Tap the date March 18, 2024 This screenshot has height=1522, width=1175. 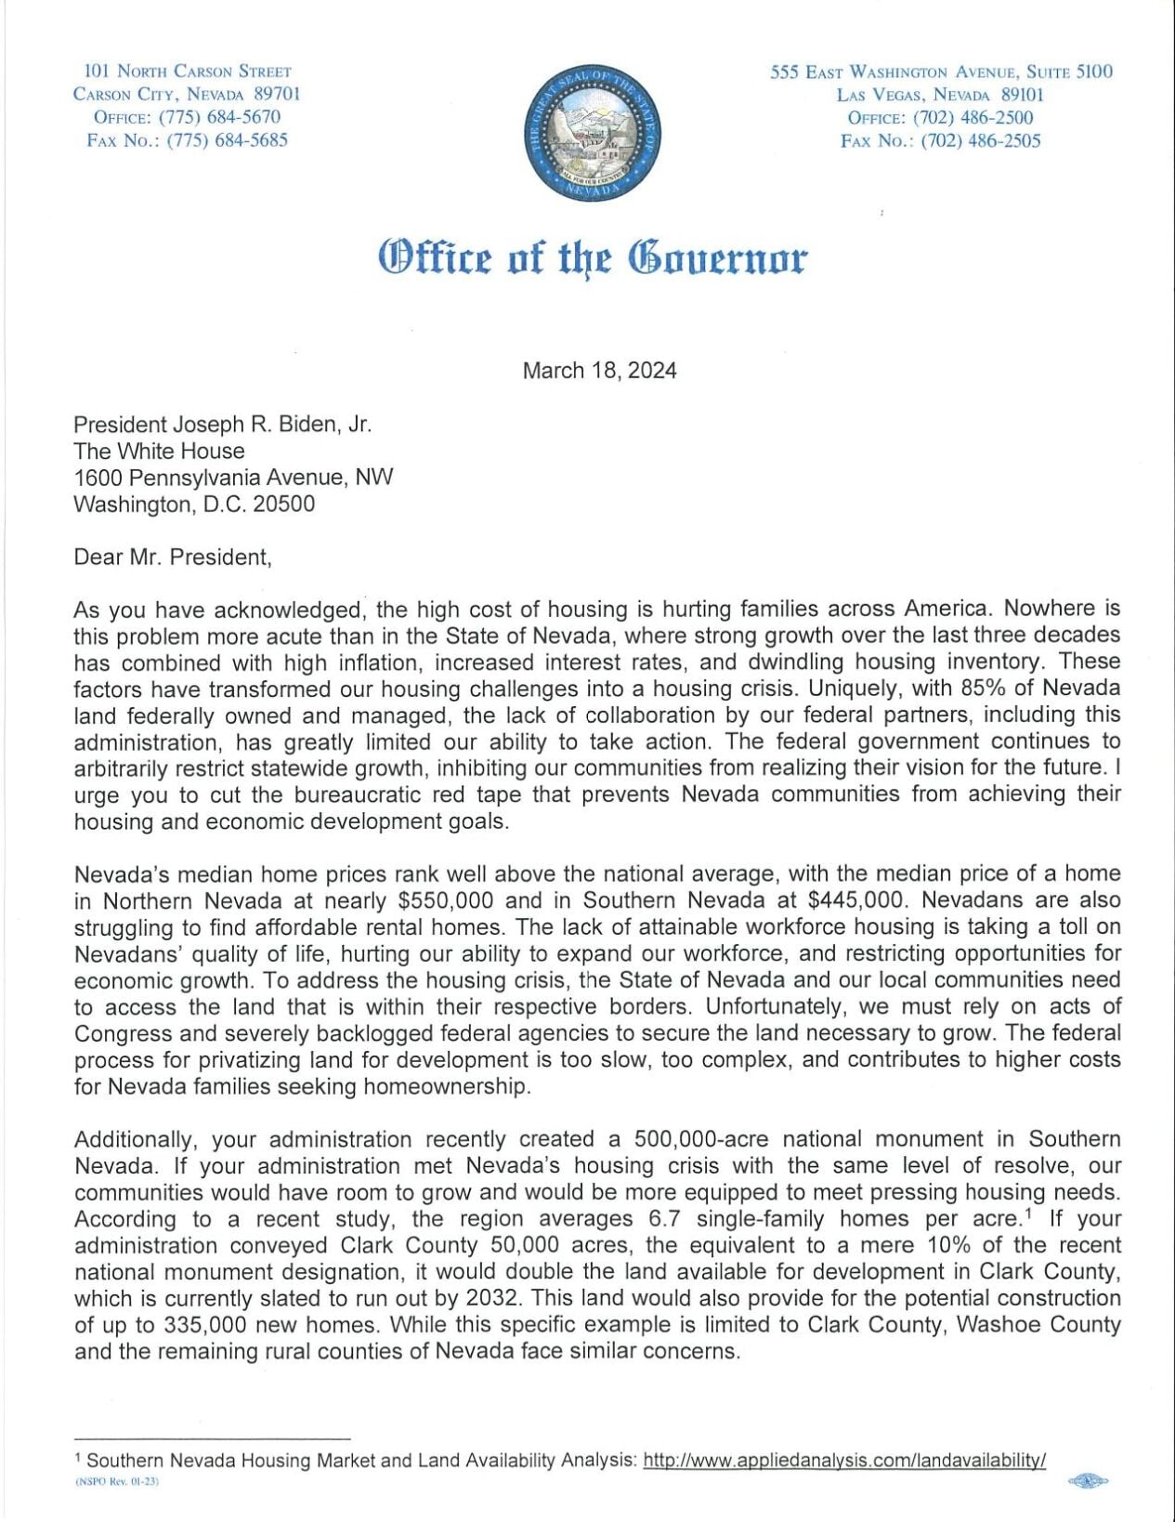click(599, 371)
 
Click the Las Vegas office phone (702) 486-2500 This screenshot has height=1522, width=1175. click(973, 117)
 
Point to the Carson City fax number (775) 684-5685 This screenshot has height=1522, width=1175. click(227, 140)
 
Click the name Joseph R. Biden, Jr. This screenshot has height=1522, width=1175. click(272, 425)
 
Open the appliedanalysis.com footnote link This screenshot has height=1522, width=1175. click(844, 1461)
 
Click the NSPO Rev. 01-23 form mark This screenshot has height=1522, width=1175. click(117, 1482)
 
